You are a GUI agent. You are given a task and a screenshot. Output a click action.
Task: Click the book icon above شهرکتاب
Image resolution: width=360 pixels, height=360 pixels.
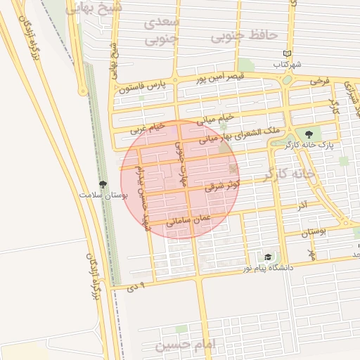[x=285, y=53]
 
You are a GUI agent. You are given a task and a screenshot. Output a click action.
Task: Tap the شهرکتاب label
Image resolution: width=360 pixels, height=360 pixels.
[x=288, y=64]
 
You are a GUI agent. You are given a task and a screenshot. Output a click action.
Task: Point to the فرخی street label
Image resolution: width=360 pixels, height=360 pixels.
[x=319, y=82]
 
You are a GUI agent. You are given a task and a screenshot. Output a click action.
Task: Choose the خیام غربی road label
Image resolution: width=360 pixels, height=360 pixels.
[x=148, y=129]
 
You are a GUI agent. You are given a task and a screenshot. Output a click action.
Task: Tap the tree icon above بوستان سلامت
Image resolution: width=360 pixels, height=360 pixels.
[x=103, y=184]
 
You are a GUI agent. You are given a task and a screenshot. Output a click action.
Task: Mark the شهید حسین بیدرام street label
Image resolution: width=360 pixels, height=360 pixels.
[x=143, y=198]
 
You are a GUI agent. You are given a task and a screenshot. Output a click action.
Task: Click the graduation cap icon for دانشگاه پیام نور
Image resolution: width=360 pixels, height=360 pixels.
[x=267, y=257]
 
